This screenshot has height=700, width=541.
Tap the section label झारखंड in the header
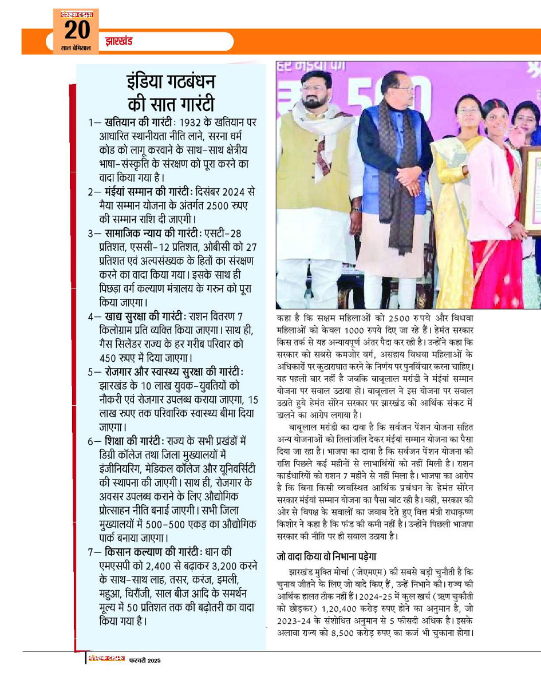coord(119,41)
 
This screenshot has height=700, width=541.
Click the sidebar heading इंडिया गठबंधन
coord(171,84)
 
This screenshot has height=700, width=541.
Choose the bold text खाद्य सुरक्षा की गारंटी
coord(145,317)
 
